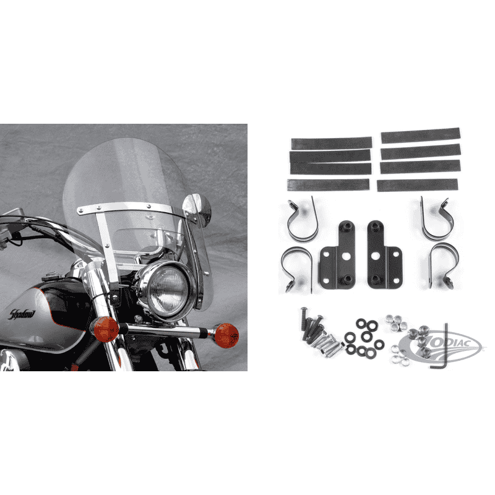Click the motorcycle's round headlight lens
coord(168,290)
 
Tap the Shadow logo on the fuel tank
coord(22,314)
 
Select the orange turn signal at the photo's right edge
coord(226,335)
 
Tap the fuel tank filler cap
coord(53,277)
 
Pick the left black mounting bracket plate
coord(337,255)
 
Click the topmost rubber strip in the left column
coord(331,144)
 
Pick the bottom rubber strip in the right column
coord(417,185)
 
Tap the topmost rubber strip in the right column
coord(421,136)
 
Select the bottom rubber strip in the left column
coord(329,184)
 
